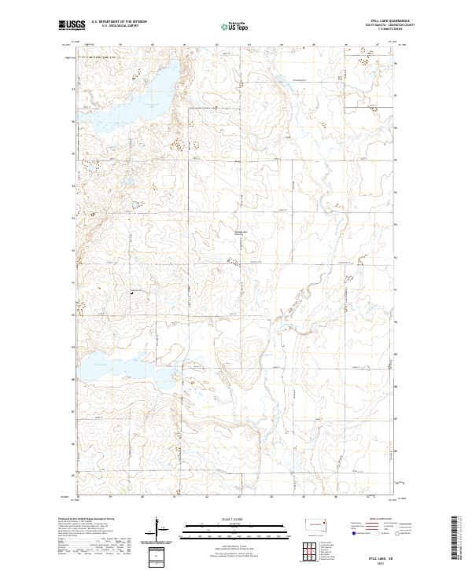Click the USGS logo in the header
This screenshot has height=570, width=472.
tap(72, 26)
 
